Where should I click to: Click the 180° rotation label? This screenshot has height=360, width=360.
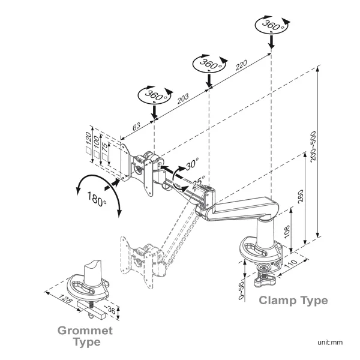97,199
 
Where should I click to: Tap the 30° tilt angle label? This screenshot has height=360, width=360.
191,164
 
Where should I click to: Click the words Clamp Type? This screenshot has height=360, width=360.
293,300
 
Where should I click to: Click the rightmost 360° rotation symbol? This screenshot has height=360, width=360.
271,25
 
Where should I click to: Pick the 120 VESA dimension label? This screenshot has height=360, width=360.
88,143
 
